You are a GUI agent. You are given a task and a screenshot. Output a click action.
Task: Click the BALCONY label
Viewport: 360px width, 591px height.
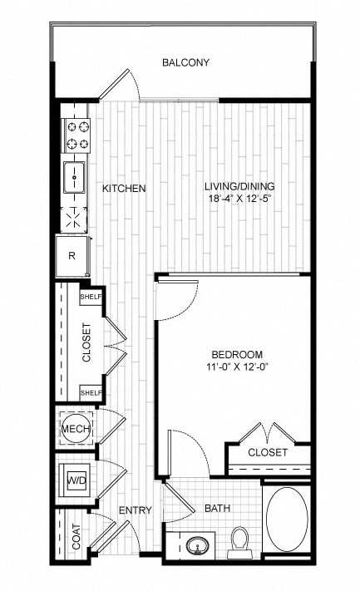(x=185, y=62)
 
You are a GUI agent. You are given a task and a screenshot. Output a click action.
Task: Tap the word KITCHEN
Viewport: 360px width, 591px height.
(x=124, y=189)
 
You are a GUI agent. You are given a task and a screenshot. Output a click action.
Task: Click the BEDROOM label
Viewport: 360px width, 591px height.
(x=238, y=355)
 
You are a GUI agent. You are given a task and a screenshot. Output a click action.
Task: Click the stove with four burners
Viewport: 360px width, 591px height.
(x=77, y=135)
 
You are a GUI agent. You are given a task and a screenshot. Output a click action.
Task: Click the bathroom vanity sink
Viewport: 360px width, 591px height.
(x=198, y=547)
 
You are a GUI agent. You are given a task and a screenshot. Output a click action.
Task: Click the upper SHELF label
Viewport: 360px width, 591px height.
(x=90, y=296)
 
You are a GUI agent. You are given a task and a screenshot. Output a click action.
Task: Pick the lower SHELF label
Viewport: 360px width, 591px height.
(x=90, y=392)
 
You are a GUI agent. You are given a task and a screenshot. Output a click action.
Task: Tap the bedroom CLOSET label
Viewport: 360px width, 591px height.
(x=268, y=452)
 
